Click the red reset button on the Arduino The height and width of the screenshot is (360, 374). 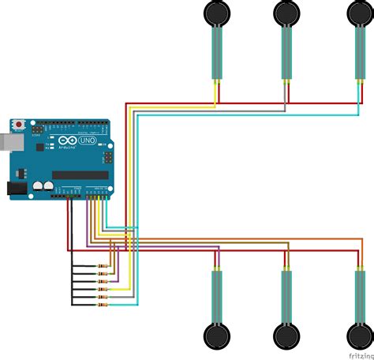19,126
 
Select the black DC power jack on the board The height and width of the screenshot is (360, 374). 16,189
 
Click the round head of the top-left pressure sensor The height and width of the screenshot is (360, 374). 215,13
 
